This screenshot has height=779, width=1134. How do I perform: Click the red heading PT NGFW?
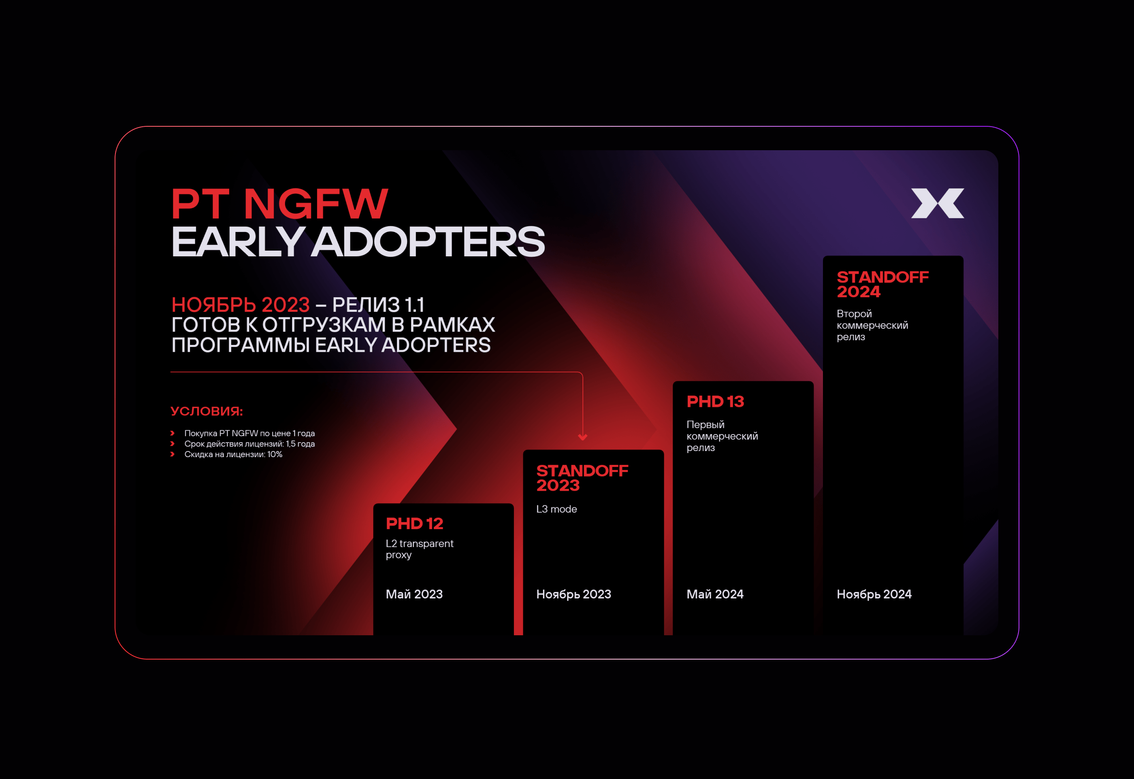pos(280,204)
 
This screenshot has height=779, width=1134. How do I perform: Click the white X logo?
pos(937,203)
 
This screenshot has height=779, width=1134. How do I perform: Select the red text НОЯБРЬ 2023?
pos(241,305)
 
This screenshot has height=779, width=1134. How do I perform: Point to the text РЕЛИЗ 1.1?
pos(378,305)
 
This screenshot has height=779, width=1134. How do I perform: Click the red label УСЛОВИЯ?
pos(207,411)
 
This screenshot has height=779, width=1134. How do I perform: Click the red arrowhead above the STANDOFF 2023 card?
pos(582,437)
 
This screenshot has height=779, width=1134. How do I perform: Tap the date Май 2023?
pos(414,594)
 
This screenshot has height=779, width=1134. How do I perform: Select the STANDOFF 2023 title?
pos(582,478)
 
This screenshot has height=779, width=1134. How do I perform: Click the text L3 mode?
pos(556,509)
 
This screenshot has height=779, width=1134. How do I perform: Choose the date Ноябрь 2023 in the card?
pos(573,594)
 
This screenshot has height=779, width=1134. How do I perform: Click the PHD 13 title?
pos(715,401)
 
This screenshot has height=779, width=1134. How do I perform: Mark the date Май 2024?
pos(715,594)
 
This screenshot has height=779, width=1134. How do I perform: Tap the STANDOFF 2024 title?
pos(882,284)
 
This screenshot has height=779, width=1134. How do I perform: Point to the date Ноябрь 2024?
pos(874,594)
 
